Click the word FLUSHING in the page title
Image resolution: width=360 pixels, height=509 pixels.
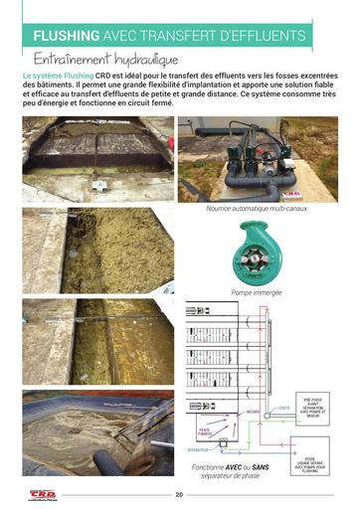(x=69, y=37)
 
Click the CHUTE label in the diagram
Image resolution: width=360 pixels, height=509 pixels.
(x=283, y=408)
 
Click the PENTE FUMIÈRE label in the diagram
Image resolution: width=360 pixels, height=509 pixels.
(x=203, y=431)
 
